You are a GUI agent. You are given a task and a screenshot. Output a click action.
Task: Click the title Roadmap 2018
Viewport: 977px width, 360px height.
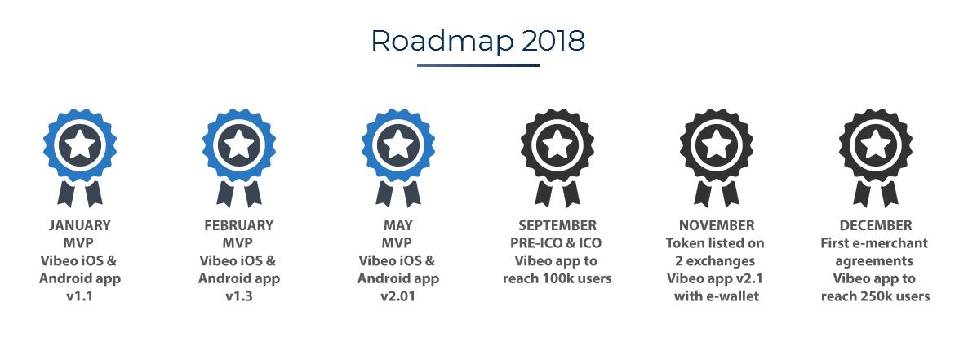[478, 41]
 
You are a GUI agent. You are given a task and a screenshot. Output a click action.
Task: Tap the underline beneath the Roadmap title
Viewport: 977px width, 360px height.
[478, 65]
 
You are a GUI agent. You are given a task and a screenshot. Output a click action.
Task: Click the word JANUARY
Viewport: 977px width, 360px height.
[80, 225]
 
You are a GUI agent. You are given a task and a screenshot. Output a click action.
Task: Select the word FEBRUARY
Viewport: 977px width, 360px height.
[238, 225]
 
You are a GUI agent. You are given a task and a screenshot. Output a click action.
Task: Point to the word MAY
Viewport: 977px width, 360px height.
[398, 225]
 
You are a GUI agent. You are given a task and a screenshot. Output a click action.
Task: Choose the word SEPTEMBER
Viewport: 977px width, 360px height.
[557, 225]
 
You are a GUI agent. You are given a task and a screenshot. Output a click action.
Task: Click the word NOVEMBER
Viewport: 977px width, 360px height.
[717, 225]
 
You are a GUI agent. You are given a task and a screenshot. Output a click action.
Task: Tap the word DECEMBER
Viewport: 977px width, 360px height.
[876, 225]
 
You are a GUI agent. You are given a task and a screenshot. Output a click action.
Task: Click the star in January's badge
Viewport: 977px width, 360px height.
[80, 145]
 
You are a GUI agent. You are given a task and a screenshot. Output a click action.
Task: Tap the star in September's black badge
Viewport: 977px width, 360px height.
[557, 145]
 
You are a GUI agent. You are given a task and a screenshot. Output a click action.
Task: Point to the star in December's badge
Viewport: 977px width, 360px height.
[876, 145]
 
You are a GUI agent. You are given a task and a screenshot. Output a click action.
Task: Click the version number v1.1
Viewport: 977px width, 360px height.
[80, 296]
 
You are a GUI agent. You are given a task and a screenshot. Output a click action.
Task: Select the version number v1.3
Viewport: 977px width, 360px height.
[238, 296]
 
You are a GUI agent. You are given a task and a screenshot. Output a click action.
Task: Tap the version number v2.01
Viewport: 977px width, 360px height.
[398, 296]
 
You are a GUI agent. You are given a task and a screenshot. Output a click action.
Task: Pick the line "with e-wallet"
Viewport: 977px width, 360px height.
[717, 296]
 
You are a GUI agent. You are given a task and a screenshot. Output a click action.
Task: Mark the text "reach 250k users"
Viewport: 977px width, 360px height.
[876, 296]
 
